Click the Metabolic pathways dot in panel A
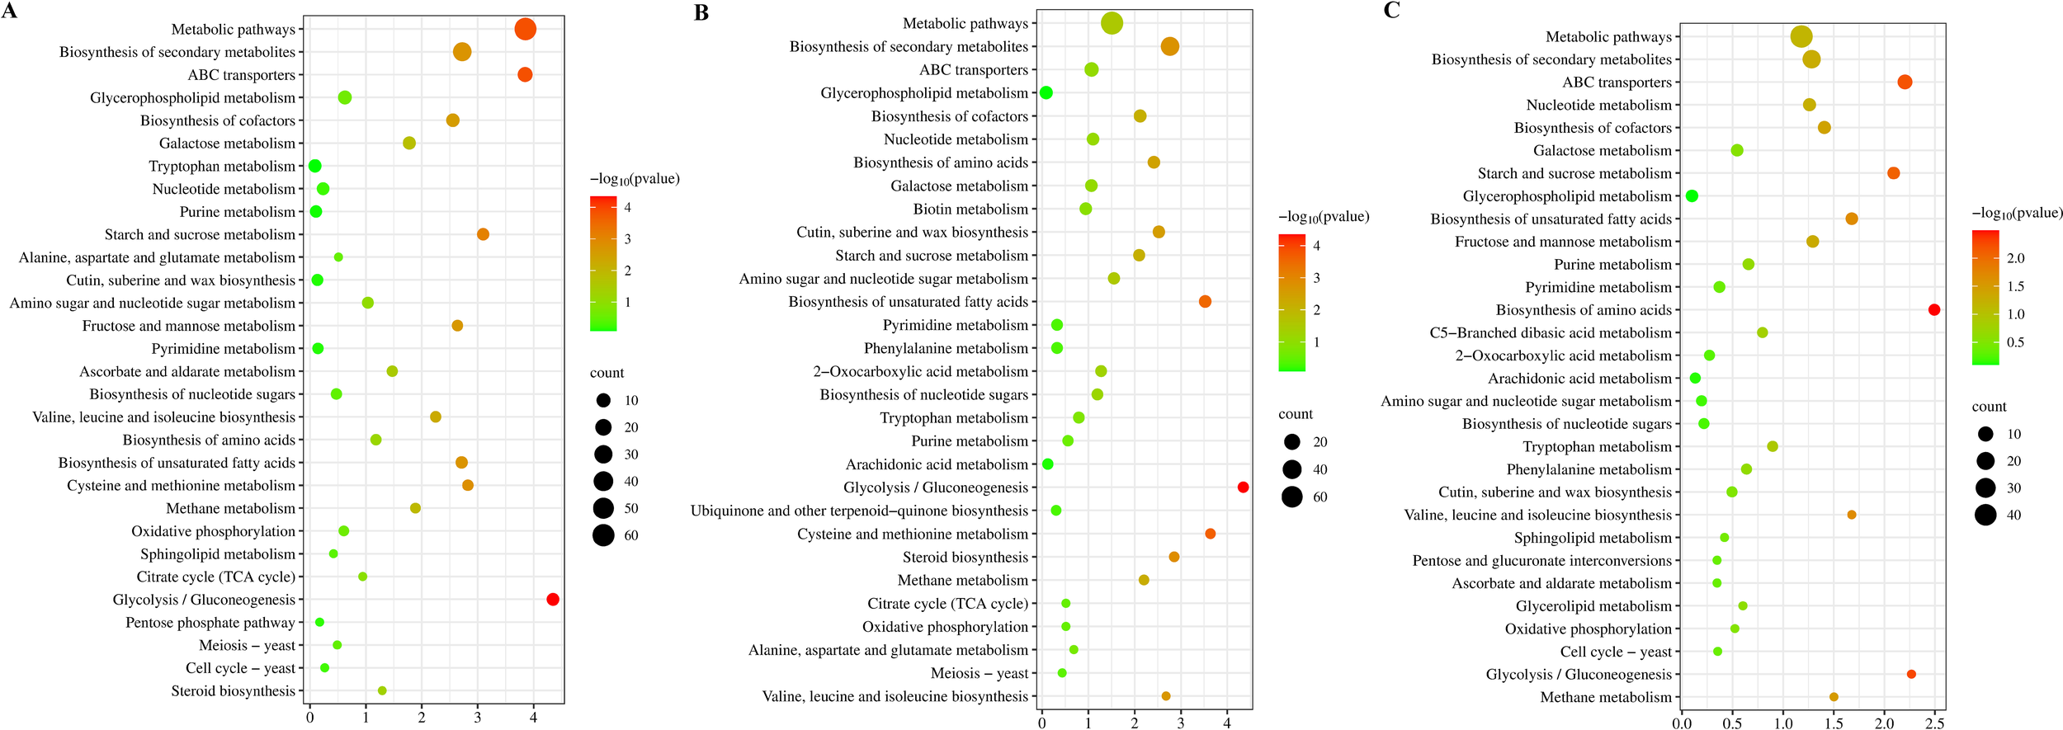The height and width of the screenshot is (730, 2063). pyautogui.click(x=525, y=30)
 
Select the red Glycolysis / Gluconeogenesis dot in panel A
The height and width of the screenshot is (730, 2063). pyautogui.click(x=553, y=599)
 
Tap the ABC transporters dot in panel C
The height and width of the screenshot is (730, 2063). pyautogui.click(x=1905, y=82)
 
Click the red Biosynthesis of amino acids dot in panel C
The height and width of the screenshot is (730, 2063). pyautogui.click(x=1934, y=309)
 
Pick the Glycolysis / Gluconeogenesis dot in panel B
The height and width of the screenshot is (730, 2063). pyautogui.click(x=1243, y=487)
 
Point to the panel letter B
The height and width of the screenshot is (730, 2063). pyautogui.click(x=701, y=12)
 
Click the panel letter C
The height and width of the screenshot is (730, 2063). pyautogui.click(x=1391, y=10)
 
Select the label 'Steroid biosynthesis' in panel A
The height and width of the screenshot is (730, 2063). pyautogui.click(x=233, y=691)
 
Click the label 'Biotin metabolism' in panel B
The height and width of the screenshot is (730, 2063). pyautogui.click(x=970, y=210)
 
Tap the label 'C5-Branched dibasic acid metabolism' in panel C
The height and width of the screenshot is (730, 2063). pyautogui.click(x=1550, y=333)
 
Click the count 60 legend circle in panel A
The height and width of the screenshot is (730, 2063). pyautogui.click(x=603, y=535)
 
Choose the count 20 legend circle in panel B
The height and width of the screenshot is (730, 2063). pyautogui.click(x=1292, y=442)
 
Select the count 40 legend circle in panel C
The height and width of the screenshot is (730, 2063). pyautogui.click(x=1985, y=516)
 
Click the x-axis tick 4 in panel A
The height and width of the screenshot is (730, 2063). pyautogui.click(x=534, y=718)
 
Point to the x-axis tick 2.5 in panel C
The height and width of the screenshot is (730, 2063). pyautogui.click(x=1934, y=723)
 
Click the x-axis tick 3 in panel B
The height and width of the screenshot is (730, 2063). pyautogui.click(x=1181, y=723)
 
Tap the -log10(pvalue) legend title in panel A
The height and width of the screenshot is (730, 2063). pyautogui.click(x=635, y=179)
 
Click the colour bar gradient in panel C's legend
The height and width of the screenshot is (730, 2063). pyautogui.click(x=1985, y=297)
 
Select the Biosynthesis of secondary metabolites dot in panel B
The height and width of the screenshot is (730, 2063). pyautogui.click(x=1169, y=47)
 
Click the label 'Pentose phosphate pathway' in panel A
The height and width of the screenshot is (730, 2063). pyautogui.click(x=210, y=623)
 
